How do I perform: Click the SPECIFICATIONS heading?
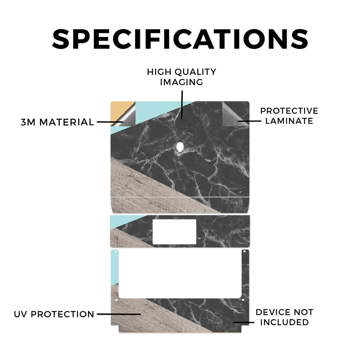click(180, 39)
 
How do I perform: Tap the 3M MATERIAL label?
click(57, 122)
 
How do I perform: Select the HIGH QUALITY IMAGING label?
click(182, 77)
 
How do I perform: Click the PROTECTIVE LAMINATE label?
click(289, 116)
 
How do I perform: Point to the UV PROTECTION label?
click(54, 314)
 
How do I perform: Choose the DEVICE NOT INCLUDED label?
click(284, 317)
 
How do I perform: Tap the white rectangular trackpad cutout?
click(174, 232)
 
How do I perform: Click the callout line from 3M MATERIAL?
click(110, 122)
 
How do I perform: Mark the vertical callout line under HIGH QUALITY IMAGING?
click(182, 105)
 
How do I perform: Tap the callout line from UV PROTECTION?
click(119, 314)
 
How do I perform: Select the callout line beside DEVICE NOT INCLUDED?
click(244, 322)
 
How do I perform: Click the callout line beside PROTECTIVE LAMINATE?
click(249, 121)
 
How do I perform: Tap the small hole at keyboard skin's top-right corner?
click(245, 252)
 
